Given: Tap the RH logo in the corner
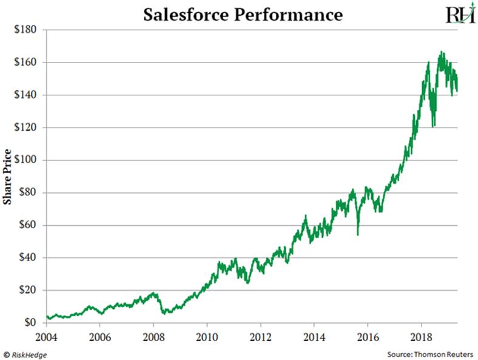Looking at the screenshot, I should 460,14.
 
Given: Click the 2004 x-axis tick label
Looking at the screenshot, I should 47,336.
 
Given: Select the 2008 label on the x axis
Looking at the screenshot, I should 153,336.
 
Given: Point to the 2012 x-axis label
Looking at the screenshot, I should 260,336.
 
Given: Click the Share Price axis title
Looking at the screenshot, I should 8,176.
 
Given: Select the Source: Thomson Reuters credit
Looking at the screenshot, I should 429,353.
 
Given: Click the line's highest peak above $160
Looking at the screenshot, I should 441,52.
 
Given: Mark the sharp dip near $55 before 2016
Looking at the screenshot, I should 358,234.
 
